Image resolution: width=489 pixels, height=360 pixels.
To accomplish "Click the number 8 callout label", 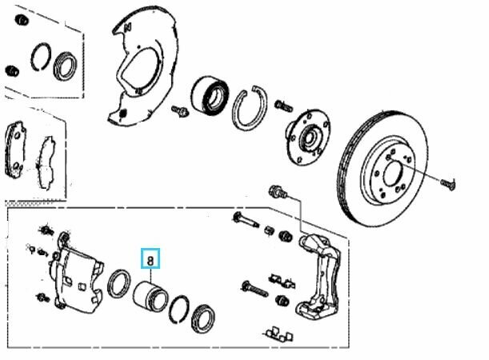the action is [150, 258].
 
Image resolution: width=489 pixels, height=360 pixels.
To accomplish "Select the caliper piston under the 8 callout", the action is [150, 296].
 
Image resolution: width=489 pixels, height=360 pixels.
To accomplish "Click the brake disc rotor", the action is [383, 169].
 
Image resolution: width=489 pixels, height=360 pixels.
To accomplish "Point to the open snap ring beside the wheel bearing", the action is [250, 107].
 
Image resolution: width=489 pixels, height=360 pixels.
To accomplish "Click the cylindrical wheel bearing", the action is [210, 96].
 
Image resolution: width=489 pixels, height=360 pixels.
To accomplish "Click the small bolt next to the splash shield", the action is [180, 110].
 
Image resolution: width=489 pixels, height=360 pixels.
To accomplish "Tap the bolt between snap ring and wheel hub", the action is [283, 106].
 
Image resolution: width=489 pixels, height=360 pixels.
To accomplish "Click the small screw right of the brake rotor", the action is [448, 184].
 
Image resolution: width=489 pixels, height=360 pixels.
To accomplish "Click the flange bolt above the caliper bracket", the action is [278, 192].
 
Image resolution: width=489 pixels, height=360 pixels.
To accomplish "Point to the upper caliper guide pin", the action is [246, 219].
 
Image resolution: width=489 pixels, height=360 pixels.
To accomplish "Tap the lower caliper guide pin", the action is [255, 289].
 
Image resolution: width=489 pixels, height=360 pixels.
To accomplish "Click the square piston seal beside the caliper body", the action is [118, 283].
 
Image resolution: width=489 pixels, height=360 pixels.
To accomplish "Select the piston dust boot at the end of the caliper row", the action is [202, 318].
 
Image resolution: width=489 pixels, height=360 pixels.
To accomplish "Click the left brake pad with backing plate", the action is [15, 150].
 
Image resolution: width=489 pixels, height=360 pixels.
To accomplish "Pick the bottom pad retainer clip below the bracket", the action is [280, 334].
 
